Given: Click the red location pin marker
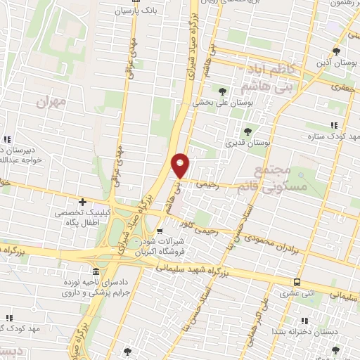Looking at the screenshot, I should point(180,165).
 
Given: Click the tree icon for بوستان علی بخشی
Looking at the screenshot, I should point(223,91).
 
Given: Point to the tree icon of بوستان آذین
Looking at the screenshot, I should point(337,51).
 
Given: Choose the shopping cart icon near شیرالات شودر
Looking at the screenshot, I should point(160,231).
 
